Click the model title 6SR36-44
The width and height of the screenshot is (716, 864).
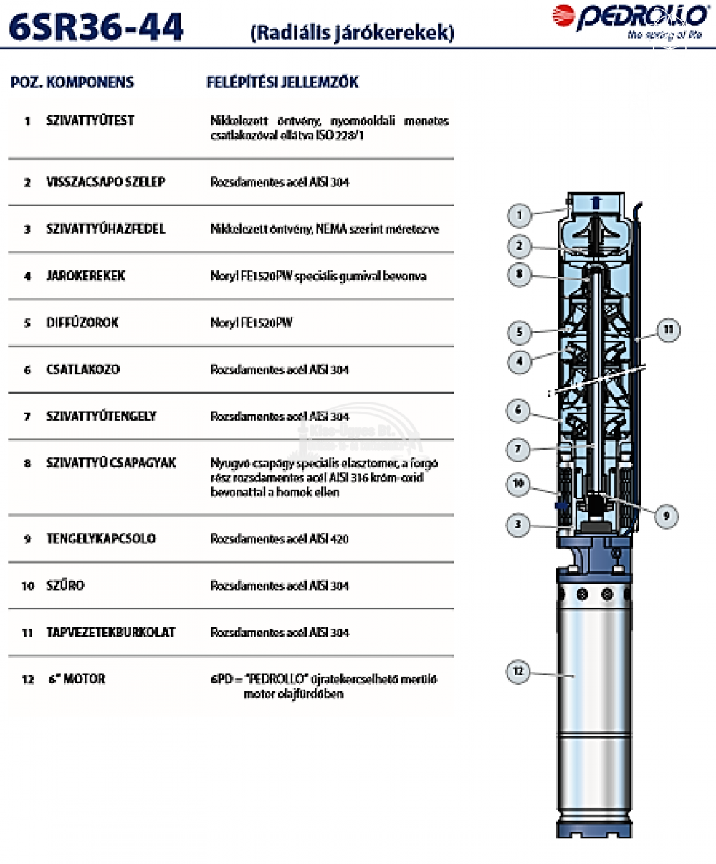coord(97,27)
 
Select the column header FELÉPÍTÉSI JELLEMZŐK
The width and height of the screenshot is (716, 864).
coord(282,82)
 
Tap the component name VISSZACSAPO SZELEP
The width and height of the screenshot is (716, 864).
coord(105,182)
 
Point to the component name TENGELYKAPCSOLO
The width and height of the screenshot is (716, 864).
coord(100,538)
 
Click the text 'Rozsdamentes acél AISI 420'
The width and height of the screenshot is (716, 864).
coord(280,539)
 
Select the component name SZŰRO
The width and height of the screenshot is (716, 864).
coord(65,585)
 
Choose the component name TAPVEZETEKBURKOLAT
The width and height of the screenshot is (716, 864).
coord(110,632)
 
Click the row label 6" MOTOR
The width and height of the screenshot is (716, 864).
coord(77,679)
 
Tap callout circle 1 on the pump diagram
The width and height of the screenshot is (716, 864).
coord(520,214)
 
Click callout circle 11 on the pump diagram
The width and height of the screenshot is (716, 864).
coord(667,330)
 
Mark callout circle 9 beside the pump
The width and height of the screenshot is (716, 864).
coord(666,516)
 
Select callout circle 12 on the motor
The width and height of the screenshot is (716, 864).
coord(518,672)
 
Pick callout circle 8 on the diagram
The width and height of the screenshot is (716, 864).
coord(519,275)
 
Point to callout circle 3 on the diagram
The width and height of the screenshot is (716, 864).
coord(518,524)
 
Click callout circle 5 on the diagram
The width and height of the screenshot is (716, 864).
coord(519,332)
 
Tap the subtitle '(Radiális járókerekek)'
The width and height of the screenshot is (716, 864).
coord(352,33)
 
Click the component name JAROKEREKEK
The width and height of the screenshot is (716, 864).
coord(85,276)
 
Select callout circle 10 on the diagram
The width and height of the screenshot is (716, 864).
coord(519,484)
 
